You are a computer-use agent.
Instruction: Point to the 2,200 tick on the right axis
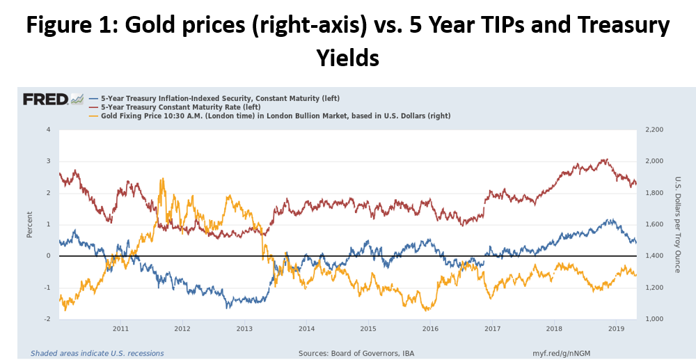click(x=656, y=130)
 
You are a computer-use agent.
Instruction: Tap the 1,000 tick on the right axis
click(x=656, y=319)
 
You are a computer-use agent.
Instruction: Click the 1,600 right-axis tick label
click(x=656, y=225)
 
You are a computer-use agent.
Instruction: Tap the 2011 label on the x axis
click(x=120, y=328)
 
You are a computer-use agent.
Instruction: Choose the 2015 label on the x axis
click(x=368, y=328)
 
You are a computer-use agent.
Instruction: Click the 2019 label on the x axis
click(x=616, y=328)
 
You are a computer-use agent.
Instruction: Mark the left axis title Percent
click(x=30, y=224)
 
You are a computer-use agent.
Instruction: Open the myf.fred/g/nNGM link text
click(x=562, y=354)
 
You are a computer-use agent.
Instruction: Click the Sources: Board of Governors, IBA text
click(x=356, y=354)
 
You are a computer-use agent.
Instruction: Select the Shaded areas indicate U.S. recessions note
click(x=97, y=354)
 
